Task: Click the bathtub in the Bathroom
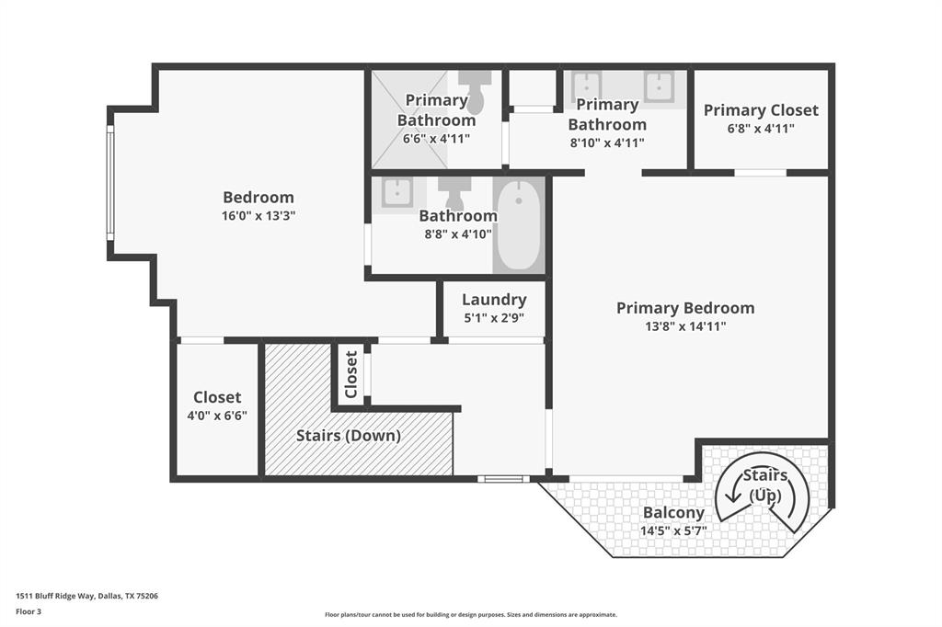520,225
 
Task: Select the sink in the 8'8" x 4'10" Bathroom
396,194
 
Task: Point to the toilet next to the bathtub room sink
454,192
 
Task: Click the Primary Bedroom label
684,308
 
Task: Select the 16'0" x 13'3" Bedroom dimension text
258,216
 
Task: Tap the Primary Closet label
761,110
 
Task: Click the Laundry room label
494,300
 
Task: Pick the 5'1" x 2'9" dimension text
494,318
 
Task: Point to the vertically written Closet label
350,375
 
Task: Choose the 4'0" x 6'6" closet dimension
218,416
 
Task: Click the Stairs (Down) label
348,436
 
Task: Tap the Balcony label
673,513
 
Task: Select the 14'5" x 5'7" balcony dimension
673,530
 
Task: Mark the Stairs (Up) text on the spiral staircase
764,485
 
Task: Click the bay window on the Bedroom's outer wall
110,182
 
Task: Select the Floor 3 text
29,610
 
